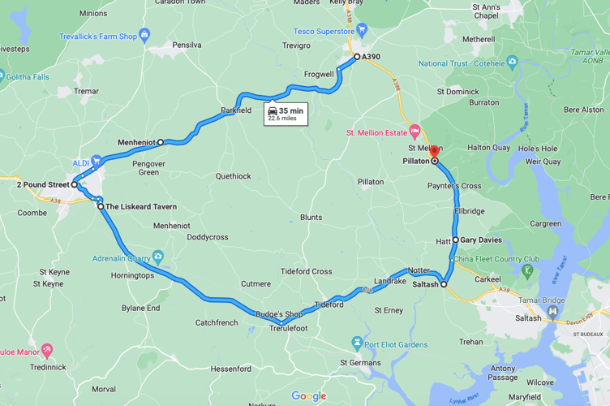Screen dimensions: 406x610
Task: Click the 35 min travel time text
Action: click(x=290, y=110)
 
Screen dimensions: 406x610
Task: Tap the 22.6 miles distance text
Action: click(x=282, y=119)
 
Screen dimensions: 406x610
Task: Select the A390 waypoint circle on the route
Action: click(x=357, y=57)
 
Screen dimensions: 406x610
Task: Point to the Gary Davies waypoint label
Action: click(x=481, y=240)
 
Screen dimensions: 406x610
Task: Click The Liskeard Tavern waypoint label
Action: click(x=141, y=207)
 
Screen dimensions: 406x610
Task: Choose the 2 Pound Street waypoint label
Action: click(x=42, y=185)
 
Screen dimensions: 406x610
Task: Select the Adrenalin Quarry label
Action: click(x=121, y=257)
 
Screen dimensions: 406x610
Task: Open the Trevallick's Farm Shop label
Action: click(x=97, y=37)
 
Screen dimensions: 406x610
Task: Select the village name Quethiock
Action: click(x=234, y=176)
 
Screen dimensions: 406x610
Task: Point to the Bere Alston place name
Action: click(x=584, y=110)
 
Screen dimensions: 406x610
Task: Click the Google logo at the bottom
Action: click(x=308, y=396)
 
